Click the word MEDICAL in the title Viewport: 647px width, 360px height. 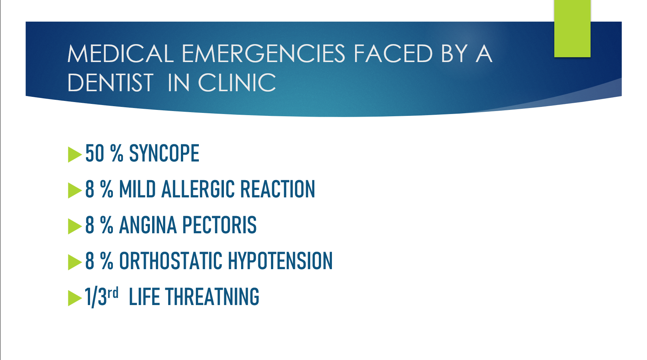120,53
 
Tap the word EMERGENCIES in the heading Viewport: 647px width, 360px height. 264,53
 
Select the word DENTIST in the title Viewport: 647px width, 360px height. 110,83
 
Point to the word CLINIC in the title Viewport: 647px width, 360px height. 237,83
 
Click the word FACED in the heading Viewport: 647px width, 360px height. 393,53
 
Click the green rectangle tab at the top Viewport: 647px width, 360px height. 572,28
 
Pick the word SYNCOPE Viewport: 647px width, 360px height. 164,153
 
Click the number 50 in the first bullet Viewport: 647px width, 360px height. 95,153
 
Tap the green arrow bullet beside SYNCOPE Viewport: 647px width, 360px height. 75,154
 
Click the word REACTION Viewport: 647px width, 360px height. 278,189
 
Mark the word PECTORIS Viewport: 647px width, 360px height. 219,225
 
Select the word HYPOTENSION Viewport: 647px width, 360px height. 280,261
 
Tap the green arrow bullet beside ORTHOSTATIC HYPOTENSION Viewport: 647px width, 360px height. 75,262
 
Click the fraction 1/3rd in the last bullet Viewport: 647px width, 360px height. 102,297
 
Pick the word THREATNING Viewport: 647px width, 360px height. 212,297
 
